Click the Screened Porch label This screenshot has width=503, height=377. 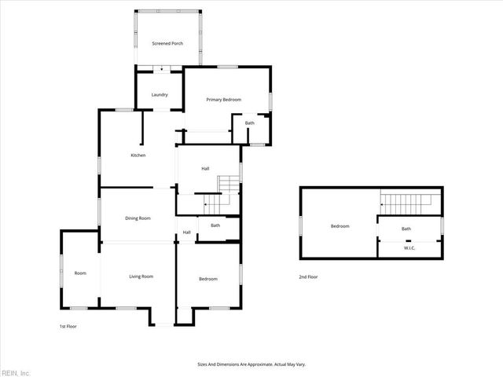pyautogui.click(x=167, y=43)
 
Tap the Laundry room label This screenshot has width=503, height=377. pyautogui.click(x=160, y=95)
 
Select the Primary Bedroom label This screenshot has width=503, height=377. pyautogui.click(x=223, y=100)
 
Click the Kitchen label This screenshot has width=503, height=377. pyautogui.click(x=138, y=156)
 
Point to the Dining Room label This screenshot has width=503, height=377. pyautogui.click(x=138, y=218)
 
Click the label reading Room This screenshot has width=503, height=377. pyautogui.click(x=80, y=273)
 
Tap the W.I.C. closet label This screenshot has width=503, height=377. pyautogui.click(x=409, y=248)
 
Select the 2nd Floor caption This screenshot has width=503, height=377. pyautogui.click(x=308, y=276)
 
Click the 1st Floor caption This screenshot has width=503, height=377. pyautogui.click(x=68, y=326)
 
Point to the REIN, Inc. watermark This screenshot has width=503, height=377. pyautogui.click(x=16, y=372)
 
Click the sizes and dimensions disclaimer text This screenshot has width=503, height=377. pyautogui.click(x=251, y=364)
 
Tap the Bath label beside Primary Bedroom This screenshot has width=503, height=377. pyautogui.click(x=250, y=123)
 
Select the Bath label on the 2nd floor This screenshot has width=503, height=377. pyautogui.click(x=406, y=229)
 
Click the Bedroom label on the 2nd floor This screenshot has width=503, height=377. pyautogui.click(x=340, y=226)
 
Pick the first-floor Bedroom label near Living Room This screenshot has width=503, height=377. pyautogui.click(x=208, y=280)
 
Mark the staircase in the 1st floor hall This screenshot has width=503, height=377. pyautogui.click(x=228, y=192)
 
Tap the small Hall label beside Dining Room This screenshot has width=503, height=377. pyautogui.click(x=187, y=232)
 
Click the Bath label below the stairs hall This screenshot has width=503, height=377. pyautogui.click(x=215, y=226)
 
